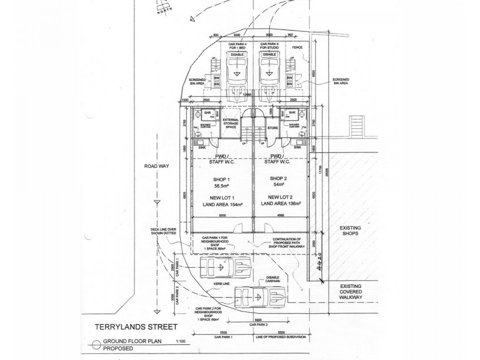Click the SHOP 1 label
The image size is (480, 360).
pos(221,179)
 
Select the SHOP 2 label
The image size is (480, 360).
pos(280,179)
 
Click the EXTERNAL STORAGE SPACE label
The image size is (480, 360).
pos(231,124)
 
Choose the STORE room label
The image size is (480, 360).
pos(272,127)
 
